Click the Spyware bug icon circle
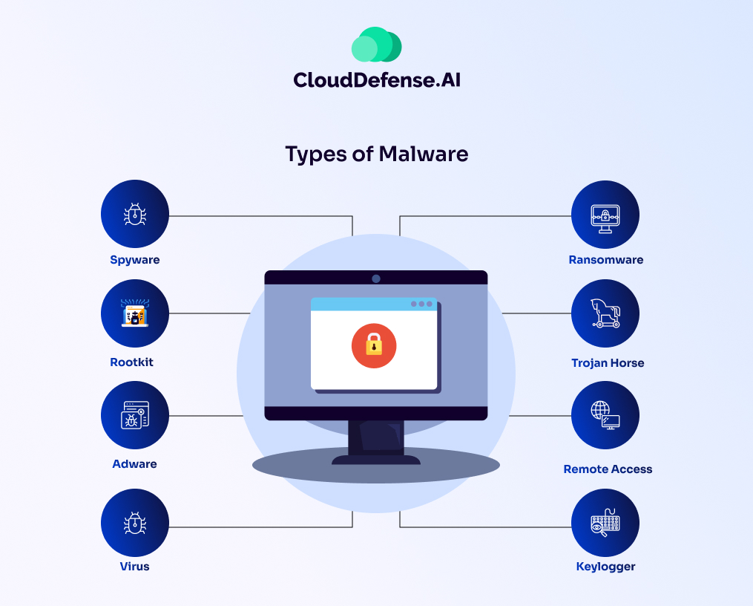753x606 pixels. pyautogui.click(x=135, y=215)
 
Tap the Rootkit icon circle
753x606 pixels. pyautogui.click(x=135, y=313)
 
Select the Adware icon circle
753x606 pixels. pyautogui.click(x=135, y=416)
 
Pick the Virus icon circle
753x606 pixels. pyautogui.click(x=135, y=523)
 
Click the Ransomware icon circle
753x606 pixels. pyautogui.click(x=605, y=215)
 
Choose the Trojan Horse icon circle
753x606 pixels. pyautogui.click(x=605, y=313)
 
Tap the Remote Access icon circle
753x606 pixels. pyautogui.click(x=605, y=416)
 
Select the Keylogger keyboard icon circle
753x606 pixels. pyautogui.click(x=605, y=523)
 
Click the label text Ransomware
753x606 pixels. pyautogui.click(x=605, y=260)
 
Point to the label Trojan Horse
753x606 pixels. pyautogui.click(x=608, y=363)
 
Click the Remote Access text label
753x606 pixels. pyautogui.click(x=608, y=469)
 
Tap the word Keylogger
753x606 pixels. pyautogui.click(x=605, y=567)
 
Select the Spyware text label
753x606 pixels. pyautogui.click(x=135, y=260)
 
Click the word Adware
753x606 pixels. pyautogui.click(x=135, y=464)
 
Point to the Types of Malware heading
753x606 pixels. pyautogui.click(x=376, y=154)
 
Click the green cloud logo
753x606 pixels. pyautogui.click(x=376, y=45)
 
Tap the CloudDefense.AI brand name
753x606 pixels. pyautogui.click(x=376, y=79)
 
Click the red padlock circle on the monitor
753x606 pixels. pyautogui.click(x=374, y=345)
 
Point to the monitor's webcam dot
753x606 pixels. pyautogui.click(x=376, y=278)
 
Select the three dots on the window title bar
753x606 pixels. pyautogui.click(x=421, y=304)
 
